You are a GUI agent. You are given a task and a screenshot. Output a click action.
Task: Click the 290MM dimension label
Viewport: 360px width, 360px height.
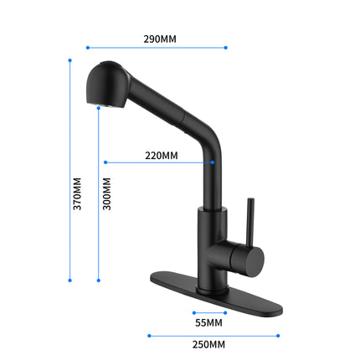(x=159, y=39)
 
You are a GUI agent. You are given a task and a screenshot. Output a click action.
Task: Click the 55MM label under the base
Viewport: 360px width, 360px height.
(x=209, y=322)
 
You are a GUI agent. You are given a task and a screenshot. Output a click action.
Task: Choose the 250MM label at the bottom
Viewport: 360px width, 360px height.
(x=210, y=344)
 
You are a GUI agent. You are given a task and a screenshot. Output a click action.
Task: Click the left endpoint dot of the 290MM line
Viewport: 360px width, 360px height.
(x=88, y=48)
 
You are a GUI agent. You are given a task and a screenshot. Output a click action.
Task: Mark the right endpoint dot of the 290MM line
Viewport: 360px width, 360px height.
(x=227, y=48)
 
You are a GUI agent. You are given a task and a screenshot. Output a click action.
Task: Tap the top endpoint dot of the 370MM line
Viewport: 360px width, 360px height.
(x=69, y=60)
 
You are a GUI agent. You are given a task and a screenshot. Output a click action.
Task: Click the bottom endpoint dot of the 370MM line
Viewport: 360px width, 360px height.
(x=69, y=280)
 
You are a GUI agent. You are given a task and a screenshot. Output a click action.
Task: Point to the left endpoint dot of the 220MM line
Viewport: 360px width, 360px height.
(x=105, y=162)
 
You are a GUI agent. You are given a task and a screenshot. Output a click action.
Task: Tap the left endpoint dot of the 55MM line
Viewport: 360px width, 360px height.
(x=193, y=313)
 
